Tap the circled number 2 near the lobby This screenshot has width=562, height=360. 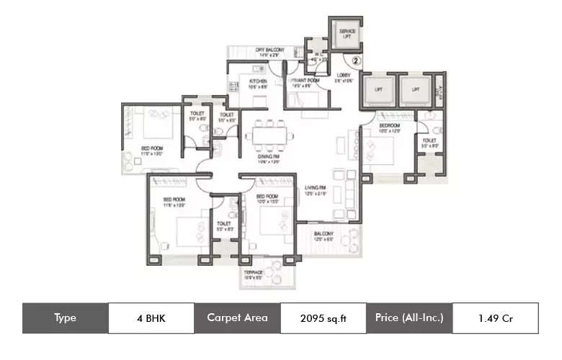pyautogui.click(x=355, y=62)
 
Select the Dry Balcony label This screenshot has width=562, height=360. pyautogui.click(x=270, y=50)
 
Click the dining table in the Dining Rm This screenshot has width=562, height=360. pyautogui.click(x=267, y=135)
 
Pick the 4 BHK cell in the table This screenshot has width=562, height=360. pyautogui.click(x=151, y=318)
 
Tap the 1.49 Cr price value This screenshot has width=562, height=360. pyautogui.click(x=495, y=318)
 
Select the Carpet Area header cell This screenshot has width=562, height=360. pyautogui.click(x=237, y=318)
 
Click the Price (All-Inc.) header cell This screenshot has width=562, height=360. pyautogui.click(x=409, y=318)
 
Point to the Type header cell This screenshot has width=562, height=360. pyautogui.click(x=65, y=318)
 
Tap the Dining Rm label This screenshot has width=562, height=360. pyautogui.click(x=268, y=158)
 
